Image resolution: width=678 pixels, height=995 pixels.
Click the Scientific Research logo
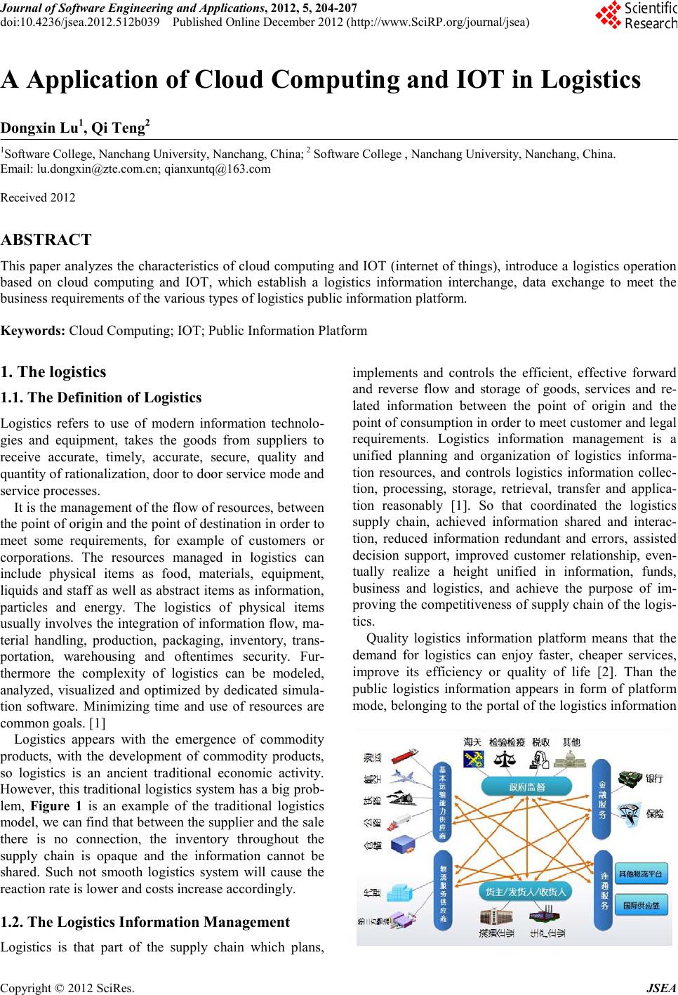(635, 15)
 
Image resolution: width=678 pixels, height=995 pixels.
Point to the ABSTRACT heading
(46, 240)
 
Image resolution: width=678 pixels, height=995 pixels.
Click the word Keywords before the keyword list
(33, 331)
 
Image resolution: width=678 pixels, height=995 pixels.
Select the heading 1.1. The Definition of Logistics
(101, 398)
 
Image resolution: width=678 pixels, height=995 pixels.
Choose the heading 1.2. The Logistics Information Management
(145, 922)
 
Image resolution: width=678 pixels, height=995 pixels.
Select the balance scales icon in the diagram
(504, 760)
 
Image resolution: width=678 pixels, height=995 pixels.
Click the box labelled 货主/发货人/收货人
(526, 892)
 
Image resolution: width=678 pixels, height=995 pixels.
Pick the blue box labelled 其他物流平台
(640, 875)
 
